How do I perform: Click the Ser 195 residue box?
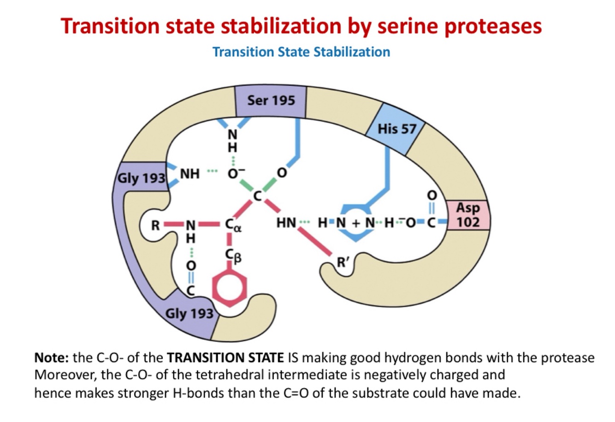click(271, 100)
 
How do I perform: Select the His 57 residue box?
click(396, 129)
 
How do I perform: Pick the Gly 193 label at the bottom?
click(189, 314)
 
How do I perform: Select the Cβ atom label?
click(233, 255)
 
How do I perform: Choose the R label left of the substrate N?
click(156, 226)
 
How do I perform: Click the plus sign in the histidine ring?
click(355, 224)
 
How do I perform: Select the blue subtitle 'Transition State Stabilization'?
click(301, 52)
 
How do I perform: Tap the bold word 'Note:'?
click(52, 358)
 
